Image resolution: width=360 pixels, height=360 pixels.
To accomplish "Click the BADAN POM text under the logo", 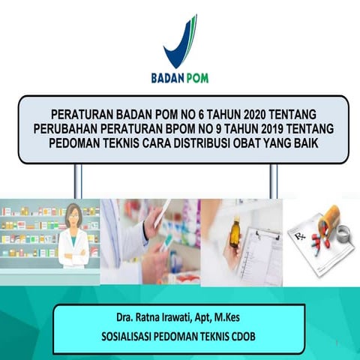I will click(180, 77).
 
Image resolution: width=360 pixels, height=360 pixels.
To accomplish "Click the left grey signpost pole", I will click(77, 181).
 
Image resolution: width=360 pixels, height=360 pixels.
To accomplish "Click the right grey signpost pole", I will click(273, 181).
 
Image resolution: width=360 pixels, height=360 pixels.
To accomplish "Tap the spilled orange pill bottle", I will click(330, 225).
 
